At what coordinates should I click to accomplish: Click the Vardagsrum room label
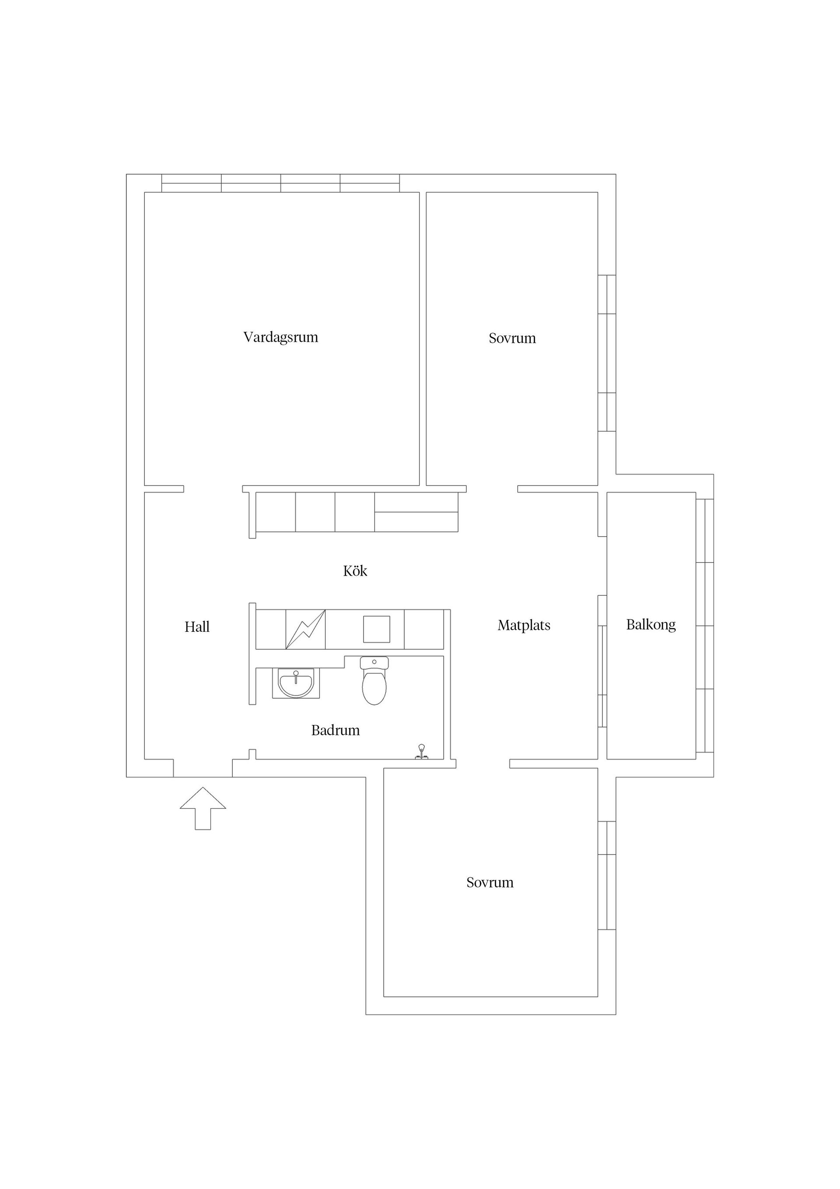pos(280,338)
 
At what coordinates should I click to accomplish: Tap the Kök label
pos(355,571)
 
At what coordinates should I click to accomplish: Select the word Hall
pos(197,627)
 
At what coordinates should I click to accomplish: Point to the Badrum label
pos(336,731)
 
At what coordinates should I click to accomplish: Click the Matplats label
pos(524,626)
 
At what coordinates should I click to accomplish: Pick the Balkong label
pos(651,625)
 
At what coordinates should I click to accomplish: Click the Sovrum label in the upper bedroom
pos(512,338)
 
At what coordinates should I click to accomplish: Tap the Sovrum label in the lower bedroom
pos(490,883)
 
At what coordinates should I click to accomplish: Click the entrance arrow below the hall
pos(203,809)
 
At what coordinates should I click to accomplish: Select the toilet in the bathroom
pos(374,680)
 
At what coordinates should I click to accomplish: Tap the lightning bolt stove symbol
pos(305,629)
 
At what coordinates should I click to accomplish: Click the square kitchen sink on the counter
pos(376,629)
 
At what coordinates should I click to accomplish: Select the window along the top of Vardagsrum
pos(280,183)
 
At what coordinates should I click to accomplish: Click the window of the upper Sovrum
pos(607,353)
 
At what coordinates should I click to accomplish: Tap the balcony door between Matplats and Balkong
pos(602,661)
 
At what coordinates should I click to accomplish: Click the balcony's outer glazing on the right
pos(705,626)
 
